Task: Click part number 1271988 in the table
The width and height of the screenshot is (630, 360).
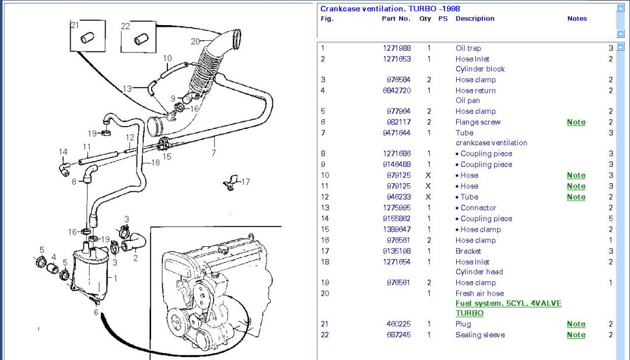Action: pyautogui.click(x=397, y=48)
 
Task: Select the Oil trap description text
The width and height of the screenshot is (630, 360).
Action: pyautogui.click(x=468, y=48)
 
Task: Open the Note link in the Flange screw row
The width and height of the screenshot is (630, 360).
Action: pyautogui.click(x=576, y=123)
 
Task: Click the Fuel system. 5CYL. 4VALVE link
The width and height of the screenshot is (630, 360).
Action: pyautogui.click(x=508, y=304)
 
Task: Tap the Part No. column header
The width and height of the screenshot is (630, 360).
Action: pyautogui.click(x=396, y=19)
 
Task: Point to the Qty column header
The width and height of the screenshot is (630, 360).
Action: pyautogui.click(x=425, y=19)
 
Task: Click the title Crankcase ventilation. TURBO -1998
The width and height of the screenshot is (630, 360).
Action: pyautogui.click(x=390, y=9)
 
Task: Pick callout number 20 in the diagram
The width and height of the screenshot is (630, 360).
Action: pyautogui.click(x=195, y=41)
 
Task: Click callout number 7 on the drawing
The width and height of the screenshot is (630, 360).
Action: pyautogui.click(x=214, y=153)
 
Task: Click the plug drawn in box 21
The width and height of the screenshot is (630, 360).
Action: pyautogui.click(x=86, y=39)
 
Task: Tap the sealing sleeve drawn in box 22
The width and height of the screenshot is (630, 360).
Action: pyautogui.click(x=141, y=39)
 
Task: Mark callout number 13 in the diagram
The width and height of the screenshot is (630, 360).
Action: pyautogui.click(x=127, y=89)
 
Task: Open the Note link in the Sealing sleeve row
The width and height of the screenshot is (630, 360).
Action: pyautogui.click(x=576, y=335)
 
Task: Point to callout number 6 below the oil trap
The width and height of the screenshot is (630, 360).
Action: pyautogui.click(x=97, y=312)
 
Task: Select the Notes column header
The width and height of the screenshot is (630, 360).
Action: pyautogui.click(x=576, y=19)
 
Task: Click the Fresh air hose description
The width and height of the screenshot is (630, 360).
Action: pyautogui.click(x=479, y=293)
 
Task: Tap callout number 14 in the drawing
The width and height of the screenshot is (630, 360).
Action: pyautogui.click(x=63, y=152)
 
